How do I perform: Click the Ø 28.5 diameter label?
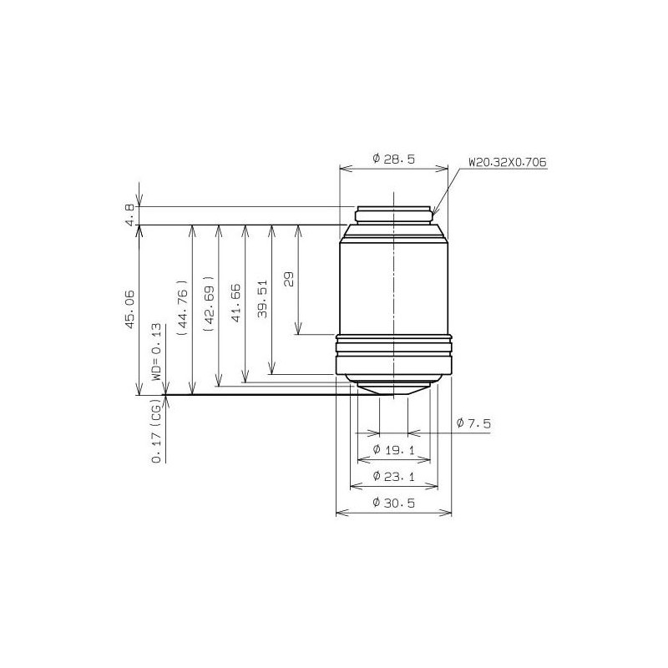coord(393,159)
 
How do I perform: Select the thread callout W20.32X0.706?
coord(508,162)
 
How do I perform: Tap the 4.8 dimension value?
coord(130,215)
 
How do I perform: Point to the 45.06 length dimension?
coord(130,309)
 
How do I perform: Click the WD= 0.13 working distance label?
coord(156,352)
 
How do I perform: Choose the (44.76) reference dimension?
coord(182,307)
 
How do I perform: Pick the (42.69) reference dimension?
coord(209,304)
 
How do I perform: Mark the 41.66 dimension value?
coord(235,303)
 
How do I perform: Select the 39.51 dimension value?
coord(262,299)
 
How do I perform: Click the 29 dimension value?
coord(289,280)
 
